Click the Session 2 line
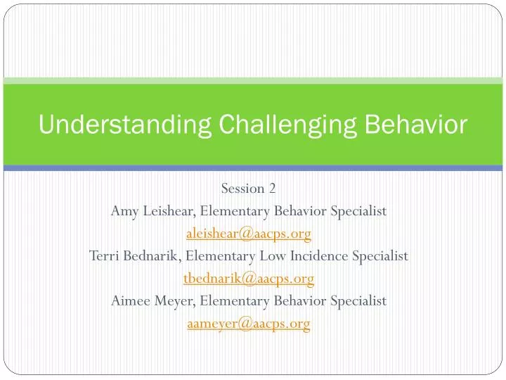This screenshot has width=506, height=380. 248,188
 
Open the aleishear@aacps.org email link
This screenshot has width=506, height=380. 248,233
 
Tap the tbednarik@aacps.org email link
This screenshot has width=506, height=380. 248,279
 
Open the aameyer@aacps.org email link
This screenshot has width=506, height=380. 248,324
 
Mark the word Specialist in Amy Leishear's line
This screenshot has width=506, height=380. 357,210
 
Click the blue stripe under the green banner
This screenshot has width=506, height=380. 253,168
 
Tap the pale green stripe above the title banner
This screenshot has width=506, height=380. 253,81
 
